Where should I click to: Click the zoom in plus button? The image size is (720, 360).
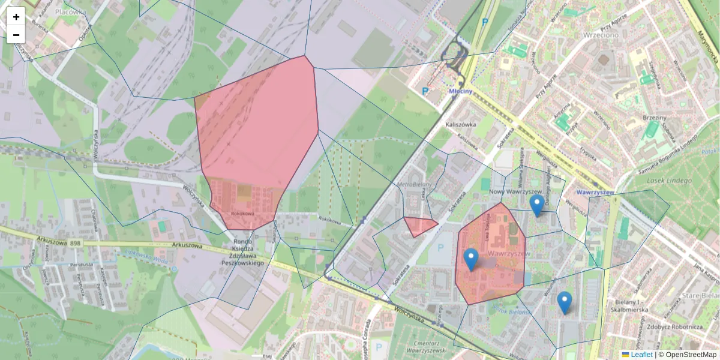click(x=16, y=17)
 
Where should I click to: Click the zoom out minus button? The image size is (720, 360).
click(x=16, y=35)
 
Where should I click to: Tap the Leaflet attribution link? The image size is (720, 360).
click(x=641, y=355)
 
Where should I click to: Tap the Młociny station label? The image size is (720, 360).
click(x=461, y=91)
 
